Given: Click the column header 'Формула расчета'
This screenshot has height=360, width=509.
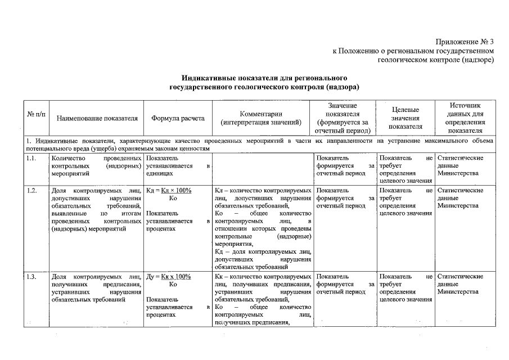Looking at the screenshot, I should (x=178, y=119).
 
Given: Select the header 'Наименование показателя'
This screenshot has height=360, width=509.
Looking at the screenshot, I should (x=97, y=119).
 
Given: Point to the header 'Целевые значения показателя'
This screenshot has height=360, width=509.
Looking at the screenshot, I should (x=405, y=119).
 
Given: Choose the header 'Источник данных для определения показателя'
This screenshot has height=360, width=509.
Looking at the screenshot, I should (x=465, y=118).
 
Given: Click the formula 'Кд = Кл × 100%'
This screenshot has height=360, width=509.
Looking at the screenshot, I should (x=169, y=191).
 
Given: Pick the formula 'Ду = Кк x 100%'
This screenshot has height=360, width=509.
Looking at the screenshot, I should (x=169, y=277).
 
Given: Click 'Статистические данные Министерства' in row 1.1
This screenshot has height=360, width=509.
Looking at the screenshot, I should (x=460, y=166).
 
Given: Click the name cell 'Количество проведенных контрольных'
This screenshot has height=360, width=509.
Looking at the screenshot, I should (x=95, y=166).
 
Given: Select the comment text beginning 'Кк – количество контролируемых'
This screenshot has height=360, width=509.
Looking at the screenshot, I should (x=263, y=277).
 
